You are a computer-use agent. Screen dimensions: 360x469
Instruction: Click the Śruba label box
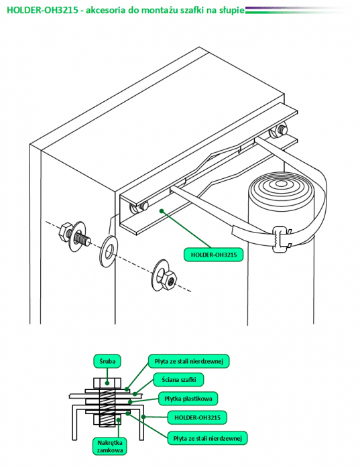107,361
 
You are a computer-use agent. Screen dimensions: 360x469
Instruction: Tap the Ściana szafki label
178,380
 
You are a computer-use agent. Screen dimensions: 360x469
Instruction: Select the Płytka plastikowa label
188,399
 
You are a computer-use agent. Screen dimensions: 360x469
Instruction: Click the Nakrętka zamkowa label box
110,446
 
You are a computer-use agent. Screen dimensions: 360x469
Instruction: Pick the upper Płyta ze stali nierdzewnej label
189,361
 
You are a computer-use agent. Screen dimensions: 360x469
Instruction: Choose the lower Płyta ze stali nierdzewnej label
207,438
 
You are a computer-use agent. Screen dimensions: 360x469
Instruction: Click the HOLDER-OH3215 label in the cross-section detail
197,417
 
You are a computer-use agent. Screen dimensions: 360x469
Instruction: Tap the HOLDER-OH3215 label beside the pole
214,255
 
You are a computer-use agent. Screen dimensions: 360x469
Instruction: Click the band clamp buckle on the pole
281,238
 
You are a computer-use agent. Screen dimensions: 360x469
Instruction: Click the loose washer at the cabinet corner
109,248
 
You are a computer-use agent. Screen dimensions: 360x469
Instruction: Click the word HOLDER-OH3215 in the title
43,10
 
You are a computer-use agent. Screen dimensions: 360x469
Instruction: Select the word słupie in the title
232,11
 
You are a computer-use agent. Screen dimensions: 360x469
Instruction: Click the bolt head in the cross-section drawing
107,383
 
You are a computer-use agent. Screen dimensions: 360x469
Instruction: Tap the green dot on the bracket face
162,211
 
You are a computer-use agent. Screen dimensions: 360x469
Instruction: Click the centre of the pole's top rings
280,184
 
